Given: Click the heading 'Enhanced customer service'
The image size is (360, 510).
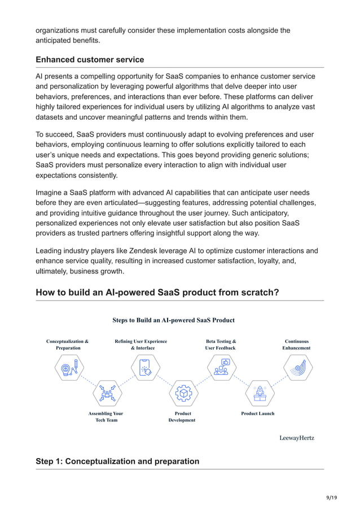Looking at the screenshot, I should coord(90,59).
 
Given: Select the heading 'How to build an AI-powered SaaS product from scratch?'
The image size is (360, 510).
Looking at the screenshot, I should coord(156,293).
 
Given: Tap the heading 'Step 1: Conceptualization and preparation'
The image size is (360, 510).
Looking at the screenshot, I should coord(117,461).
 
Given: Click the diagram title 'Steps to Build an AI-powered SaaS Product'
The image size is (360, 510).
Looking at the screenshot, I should coord(173,320).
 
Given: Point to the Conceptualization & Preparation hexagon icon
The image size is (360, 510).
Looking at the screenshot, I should coord(68,368).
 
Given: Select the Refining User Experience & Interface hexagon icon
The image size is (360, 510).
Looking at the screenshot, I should coord(144,368).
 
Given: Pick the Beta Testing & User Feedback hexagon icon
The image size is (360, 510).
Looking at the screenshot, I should coord(221,368).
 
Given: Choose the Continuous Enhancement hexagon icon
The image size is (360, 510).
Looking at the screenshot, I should coord(297,368).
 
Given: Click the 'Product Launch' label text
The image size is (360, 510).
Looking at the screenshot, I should coord(258,413).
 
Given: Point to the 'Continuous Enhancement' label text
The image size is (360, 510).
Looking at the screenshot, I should coord(296,345).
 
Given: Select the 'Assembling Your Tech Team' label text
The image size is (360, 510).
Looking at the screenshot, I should coord(106,417).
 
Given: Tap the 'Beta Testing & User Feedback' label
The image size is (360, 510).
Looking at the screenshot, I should coord(220,345).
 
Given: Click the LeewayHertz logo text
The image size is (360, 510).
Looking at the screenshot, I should coord(297,438).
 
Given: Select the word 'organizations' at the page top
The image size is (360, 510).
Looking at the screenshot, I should coord(61,30).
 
